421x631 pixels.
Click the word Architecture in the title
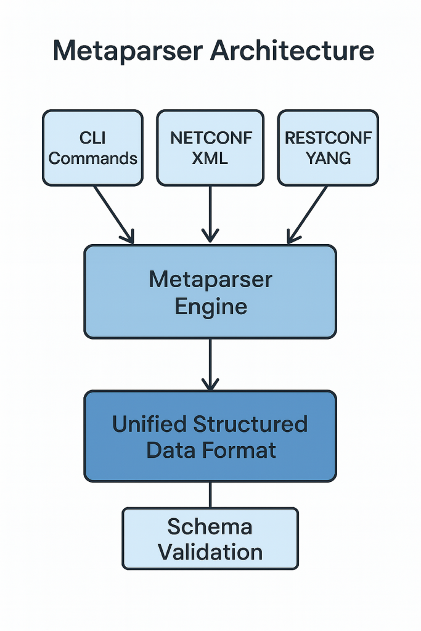point(292,51)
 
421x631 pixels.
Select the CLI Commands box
point(92,148)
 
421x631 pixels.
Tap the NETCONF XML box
point(210,148)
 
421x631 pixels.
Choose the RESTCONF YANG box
point(328,148)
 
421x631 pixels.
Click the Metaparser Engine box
point(210,292)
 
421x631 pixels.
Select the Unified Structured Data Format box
point(210,436)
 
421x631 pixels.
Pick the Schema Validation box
point(210,538)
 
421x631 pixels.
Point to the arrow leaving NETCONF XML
point(210,213)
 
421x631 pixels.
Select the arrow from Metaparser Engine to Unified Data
point(210,364)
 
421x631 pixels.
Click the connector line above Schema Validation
point(210,494)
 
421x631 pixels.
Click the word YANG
point(328,158)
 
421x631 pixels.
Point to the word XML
point(210,158)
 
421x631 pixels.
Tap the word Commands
point(92,158)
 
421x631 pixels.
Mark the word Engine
point(210,306)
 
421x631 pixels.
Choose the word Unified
point(150,424)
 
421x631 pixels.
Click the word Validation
point(210,552)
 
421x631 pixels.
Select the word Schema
point(210,527)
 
